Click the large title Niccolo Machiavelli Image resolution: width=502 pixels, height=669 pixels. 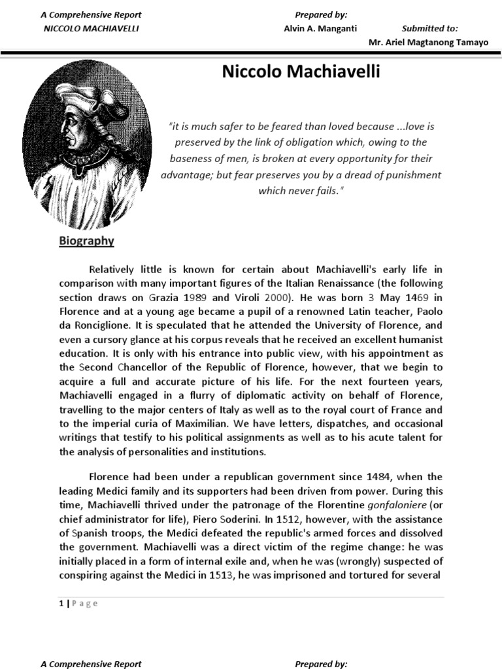point(301,73)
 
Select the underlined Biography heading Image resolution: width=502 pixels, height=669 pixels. point(86,241)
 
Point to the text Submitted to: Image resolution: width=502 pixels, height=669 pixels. point(429,29)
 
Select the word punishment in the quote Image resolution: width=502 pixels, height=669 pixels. point(410,175)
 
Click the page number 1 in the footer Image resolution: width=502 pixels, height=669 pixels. point(61,603)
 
